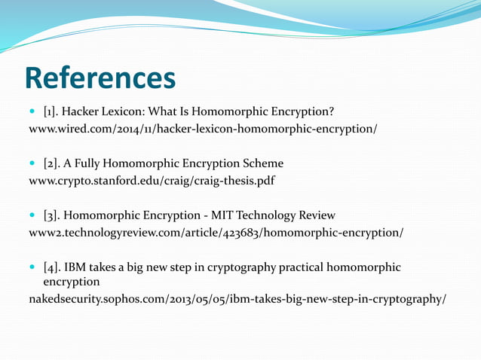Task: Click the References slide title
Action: [x=100, y=78]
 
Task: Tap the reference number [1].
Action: [x=53, y=112]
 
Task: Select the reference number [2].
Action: [x=54, y=163]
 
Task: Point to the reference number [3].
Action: [x=54, y=215]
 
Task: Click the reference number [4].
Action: [x=54, y=267]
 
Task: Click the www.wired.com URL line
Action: [x=202, y=129]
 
